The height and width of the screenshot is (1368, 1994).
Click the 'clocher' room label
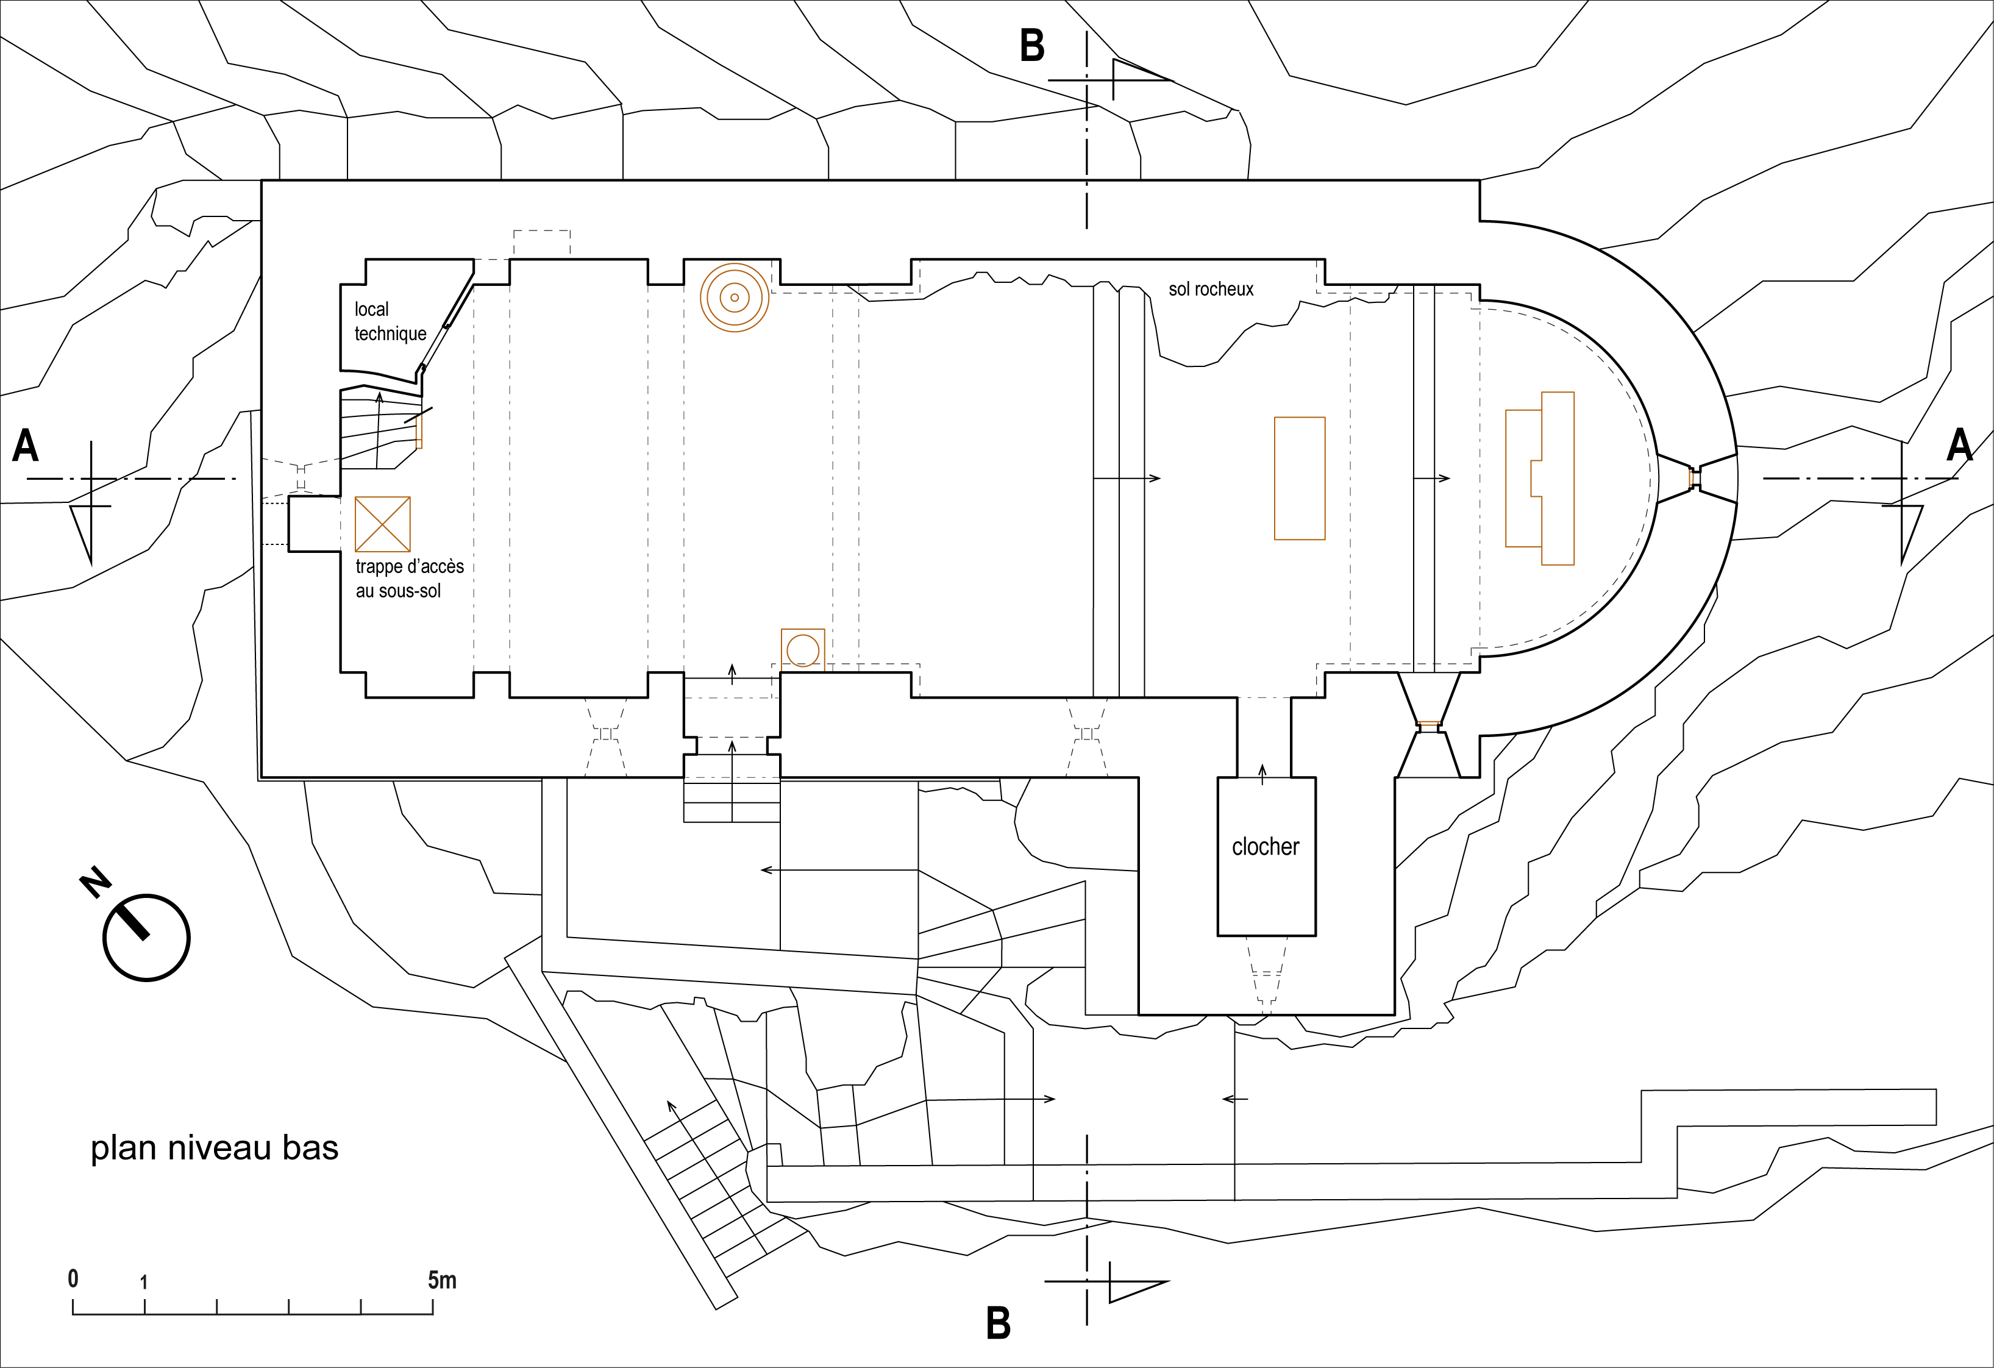click(1265, 847)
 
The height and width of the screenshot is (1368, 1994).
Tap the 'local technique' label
click(390, 322)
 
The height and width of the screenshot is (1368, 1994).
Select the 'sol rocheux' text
click(1211, 289)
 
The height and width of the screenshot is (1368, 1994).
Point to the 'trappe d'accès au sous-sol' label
click(409, 579)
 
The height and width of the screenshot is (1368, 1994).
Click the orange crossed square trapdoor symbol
click(383, 524)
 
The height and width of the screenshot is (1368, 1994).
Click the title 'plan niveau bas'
click(215, 1149)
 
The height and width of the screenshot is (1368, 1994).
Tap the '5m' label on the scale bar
click(442, 1280)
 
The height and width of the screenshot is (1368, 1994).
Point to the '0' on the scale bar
click(73, 1279)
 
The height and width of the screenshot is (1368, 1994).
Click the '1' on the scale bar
click(144, 1282)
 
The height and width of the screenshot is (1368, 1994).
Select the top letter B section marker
click(1032, 46)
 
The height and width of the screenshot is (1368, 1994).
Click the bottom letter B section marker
click(998, 1323)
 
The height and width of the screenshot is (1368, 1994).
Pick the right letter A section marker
click(1960, 444)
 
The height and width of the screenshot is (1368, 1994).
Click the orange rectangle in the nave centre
click(1299, 478)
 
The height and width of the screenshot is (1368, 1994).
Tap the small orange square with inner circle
click(802, 650)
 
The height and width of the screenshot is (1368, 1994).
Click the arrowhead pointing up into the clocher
click(1262, 768)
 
